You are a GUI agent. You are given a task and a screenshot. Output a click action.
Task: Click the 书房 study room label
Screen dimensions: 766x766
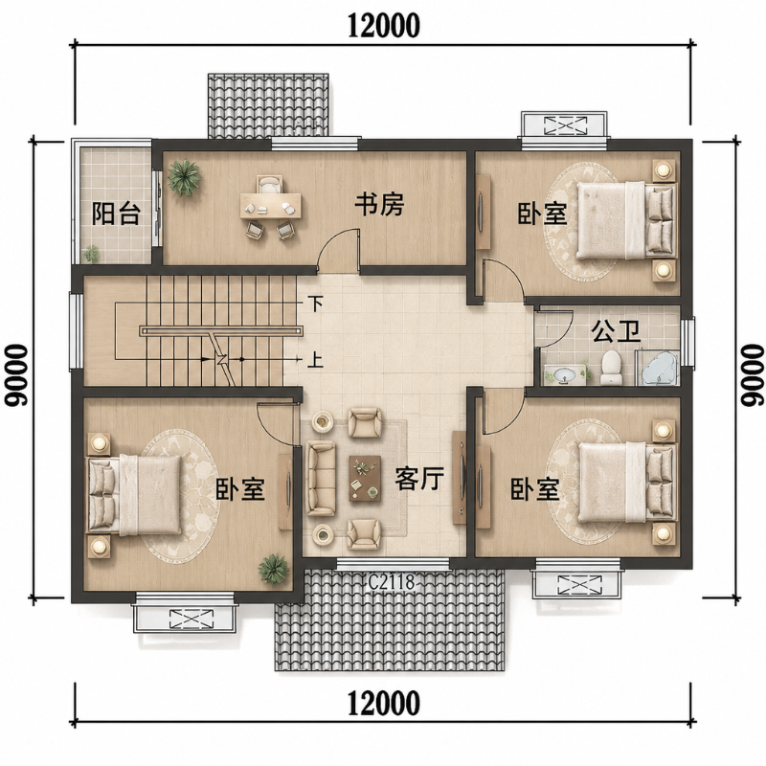click(x=379, y=204)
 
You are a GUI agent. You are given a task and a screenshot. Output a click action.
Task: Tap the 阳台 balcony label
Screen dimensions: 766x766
click(x=117, y=213)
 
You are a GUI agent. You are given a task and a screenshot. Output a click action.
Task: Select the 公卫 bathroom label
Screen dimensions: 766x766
click(x=616, y=331)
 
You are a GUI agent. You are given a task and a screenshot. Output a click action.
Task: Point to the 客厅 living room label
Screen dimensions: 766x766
click(x=419, y=478)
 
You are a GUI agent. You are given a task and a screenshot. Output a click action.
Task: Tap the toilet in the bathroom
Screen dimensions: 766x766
click(x=611, y=367)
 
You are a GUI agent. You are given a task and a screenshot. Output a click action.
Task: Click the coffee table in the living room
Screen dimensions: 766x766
click(x=365, y=478)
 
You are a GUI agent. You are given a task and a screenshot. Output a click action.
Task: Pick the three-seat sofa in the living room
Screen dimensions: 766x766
click(x=321, y=478)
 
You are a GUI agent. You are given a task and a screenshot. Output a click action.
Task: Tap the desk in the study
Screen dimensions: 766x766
click(x=271, y=206)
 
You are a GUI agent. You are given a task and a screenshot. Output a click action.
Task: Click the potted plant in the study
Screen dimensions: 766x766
click(x=184, y=177)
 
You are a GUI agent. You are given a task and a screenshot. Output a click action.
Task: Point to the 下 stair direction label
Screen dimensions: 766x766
click(x=316, y=304)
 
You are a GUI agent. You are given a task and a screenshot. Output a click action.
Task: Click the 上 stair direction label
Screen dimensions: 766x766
click(x=316, y=360)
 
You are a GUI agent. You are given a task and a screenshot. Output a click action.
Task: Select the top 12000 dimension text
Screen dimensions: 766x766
click(x=384, y=26)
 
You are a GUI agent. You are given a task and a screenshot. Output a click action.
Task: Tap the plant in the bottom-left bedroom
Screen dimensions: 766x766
click(x=274, y=569)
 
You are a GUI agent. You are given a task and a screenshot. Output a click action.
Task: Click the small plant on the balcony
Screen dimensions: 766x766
click(x=91, y=254)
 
